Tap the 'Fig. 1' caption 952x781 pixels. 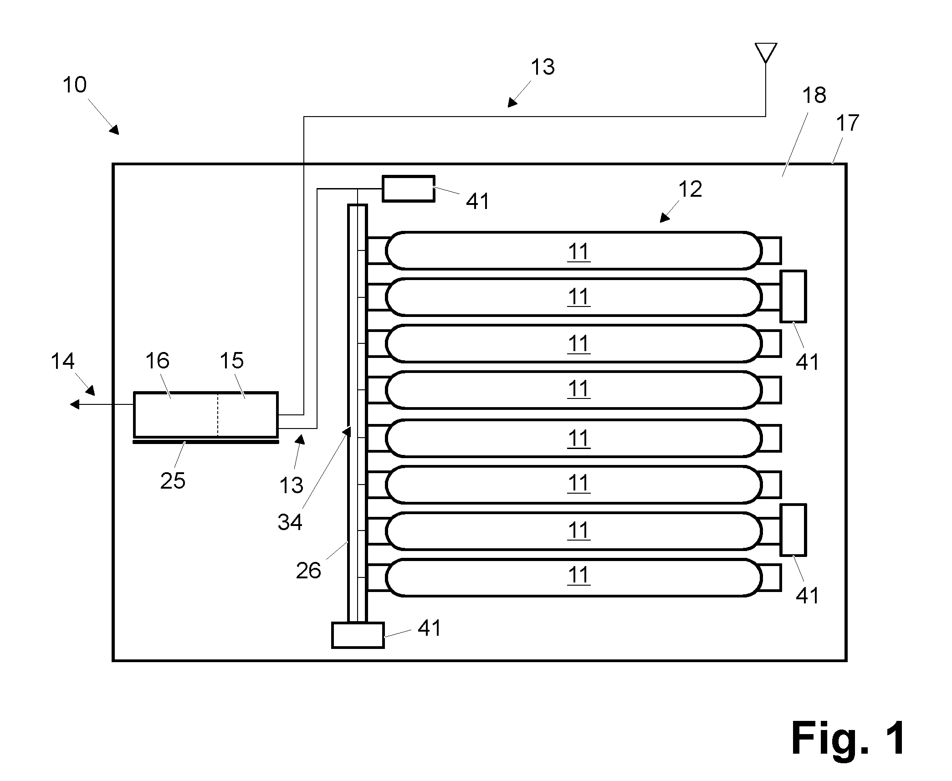pyautogui.click(x=848, y=739)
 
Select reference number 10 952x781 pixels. pyautogui.click(x=74, y=85)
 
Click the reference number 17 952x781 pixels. pyautogui.click(x=848, y=123)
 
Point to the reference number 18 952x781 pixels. pyautogui.click(x=814, y=96)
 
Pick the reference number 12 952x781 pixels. pyautogui.click(x=690, y=189)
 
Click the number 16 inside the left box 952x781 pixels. pyautogui.click(x=157, y=361)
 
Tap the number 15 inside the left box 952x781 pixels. pyautogui.click(x=231, y=361)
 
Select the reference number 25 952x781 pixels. pyautogui.click(x=173, y=481)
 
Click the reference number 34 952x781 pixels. pyautogui.click(x=290, y=522)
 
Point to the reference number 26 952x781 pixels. pyautogui.click(x=308, y=571)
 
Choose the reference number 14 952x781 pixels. pyautogui.click(x=62, y=362)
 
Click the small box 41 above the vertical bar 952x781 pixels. pyautogui.click(x=409, y=189)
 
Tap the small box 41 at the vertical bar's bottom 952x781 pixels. pyautogui.click(x=358, y=635)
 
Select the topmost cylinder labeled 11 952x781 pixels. pyautogui.click(x=574, y=250)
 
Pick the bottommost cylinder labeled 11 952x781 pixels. pyautogui.click(x=574, y=577)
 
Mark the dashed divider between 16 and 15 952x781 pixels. pyautogui.click(x=218, y=414)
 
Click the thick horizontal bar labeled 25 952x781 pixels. pyautogui.click(x=205, y=441)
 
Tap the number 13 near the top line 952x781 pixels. pyautogui.click(x=543, y=67)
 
